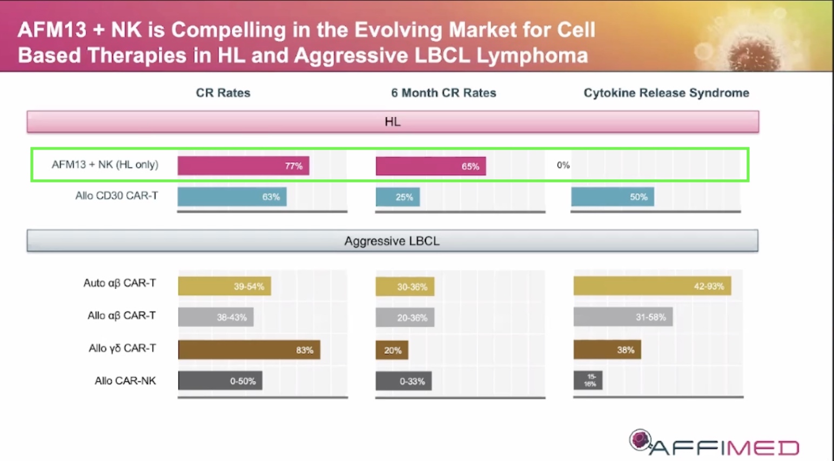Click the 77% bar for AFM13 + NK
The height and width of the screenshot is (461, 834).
click(x=243, y=166)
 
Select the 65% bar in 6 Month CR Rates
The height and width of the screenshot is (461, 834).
click(x=431, y=166)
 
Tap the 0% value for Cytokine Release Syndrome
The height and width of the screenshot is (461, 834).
click(x=563, y=165)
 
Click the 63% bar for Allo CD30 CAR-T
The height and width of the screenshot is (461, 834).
click(x=232, y=197)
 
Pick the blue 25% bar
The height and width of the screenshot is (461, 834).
click(x=398, y=197)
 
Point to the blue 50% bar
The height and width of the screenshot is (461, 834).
click(x=613, y=197)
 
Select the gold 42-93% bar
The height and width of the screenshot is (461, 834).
click(x=652, y=286)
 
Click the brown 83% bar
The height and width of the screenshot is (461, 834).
click(x=249, y=350)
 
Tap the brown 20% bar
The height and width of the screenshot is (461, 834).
click(x=392, y=350)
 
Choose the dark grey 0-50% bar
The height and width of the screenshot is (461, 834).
click(x=220, y=381)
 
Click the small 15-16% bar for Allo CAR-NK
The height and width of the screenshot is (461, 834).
click(x=588, y=381)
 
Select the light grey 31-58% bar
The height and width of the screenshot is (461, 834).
click(x=623, y=317)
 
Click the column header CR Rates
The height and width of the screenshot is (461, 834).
click(x=223, y=93)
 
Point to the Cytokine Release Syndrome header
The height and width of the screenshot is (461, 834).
click(x=666, y=93)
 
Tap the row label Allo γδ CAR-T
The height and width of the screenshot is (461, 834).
click(x=122, y=349)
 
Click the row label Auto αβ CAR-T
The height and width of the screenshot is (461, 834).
click(x=119, y=283)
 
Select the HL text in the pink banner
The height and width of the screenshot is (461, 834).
click(x=392, y=122)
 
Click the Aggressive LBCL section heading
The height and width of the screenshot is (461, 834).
click(x=392, y=241)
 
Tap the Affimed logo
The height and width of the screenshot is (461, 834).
click(x=714, y=443)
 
